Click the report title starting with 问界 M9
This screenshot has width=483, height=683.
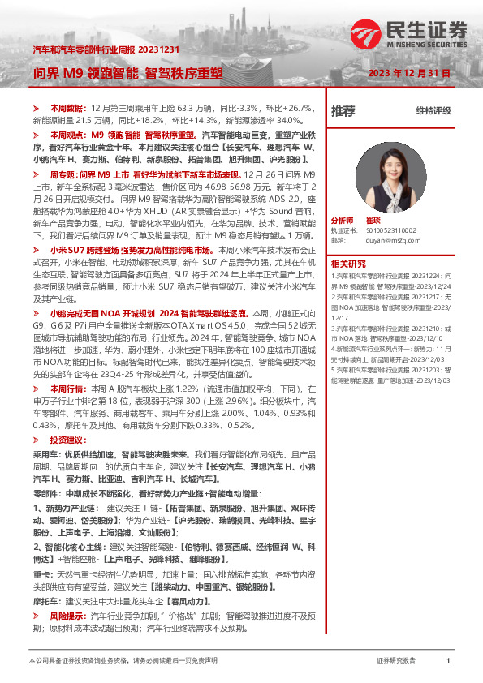click(127, 73)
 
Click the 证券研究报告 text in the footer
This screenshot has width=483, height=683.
click(396, 661)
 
